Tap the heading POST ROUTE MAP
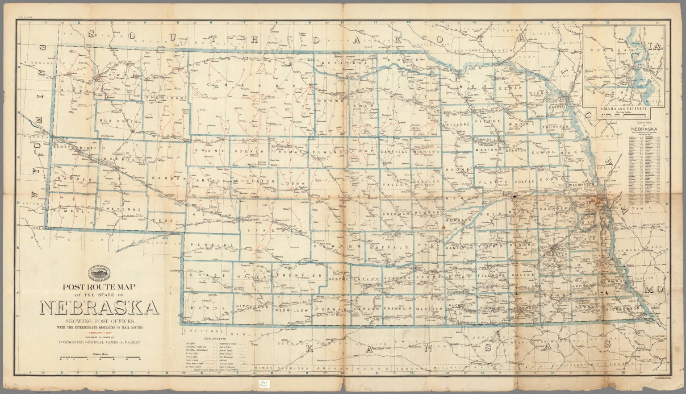pos(100,287)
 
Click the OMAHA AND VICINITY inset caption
pos(624,109)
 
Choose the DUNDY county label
pos(200,308)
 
